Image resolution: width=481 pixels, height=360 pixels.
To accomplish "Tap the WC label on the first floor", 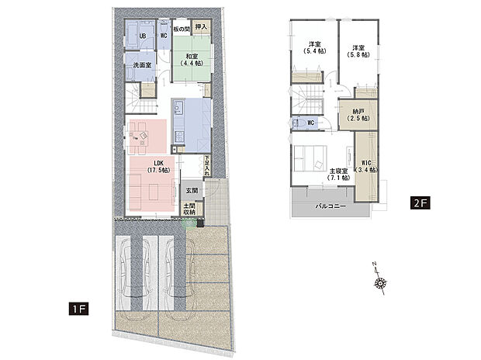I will (x=164, y=36).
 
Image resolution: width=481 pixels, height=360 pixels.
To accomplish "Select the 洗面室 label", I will (x=142, y=66).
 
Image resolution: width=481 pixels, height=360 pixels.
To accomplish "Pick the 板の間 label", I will (x=181, y=29).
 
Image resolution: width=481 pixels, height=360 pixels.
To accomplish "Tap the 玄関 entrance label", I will (x=191, y=189).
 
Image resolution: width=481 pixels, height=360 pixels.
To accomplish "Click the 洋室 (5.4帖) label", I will (x=315, y=47).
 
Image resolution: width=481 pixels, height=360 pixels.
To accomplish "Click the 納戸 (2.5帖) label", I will (x=359, y=116).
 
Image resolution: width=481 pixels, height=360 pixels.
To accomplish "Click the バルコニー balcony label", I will (x=330, y=208).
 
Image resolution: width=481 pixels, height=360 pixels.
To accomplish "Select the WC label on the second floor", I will (x=310, y=123).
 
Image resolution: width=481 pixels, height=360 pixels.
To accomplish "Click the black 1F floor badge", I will (x=79, y=308).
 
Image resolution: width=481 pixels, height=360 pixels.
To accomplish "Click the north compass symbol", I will (x=380, y=282).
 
